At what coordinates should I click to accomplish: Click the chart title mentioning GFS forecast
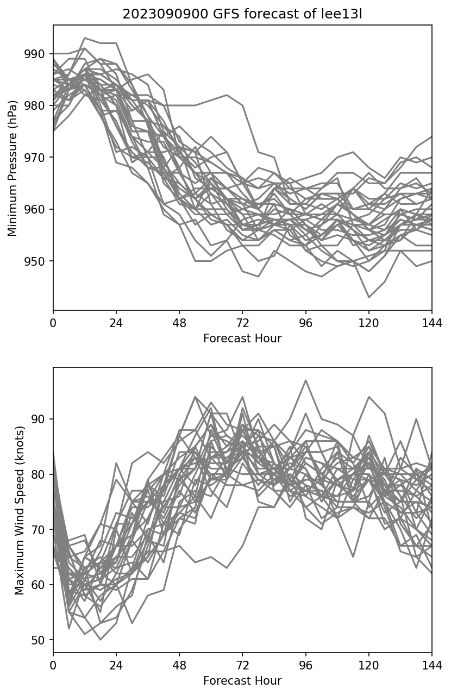[x=242, y=15]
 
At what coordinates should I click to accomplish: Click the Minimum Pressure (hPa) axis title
[x=14, y=168]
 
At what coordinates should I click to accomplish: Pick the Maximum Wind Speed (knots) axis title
[x=20, y=510]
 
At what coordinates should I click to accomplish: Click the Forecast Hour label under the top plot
[x=242, y=339]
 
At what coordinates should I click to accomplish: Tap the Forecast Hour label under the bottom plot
[x=242, y=681]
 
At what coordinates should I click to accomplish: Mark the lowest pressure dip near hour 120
[x=369, y=297]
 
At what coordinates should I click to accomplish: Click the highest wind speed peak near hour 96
[x=306, y=380]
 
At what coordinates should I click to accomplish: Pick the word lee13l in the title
[x=344, y=15]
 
